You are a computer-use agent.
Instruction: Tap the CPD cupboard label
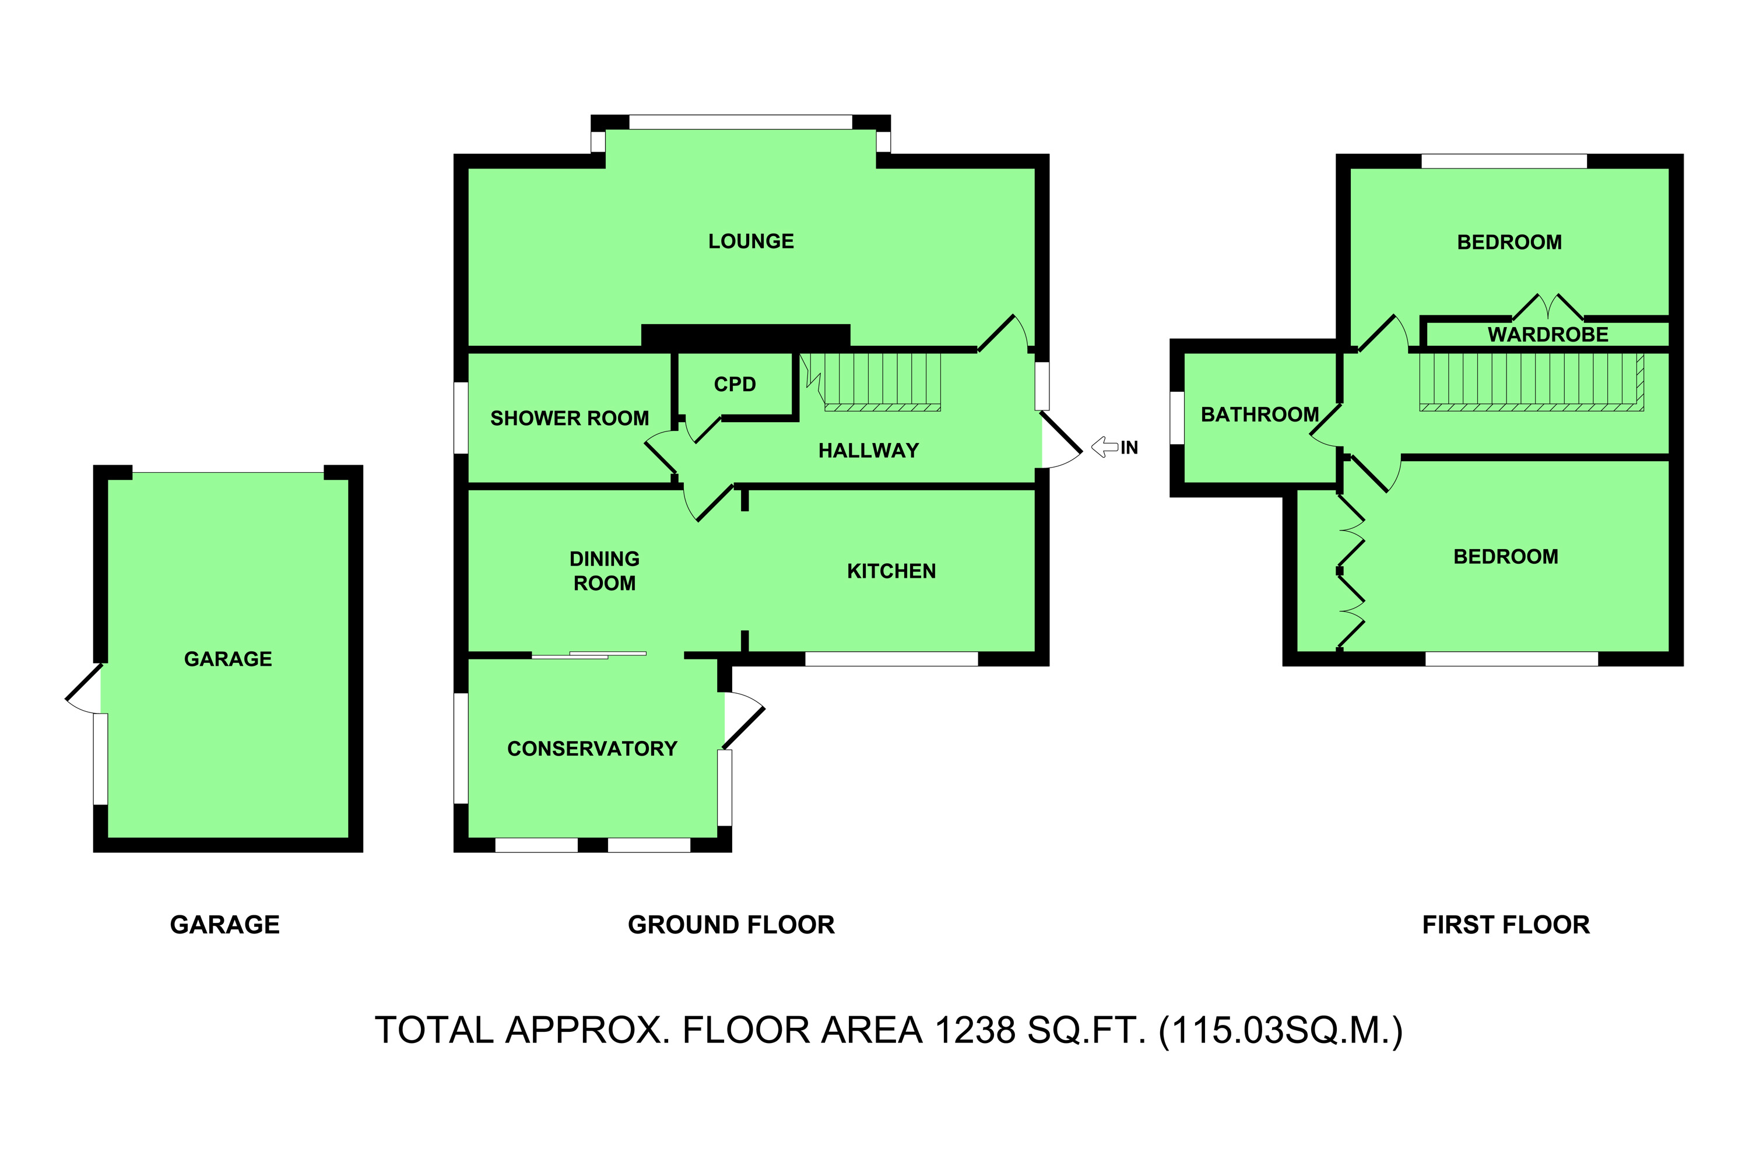click(x=735, y=384)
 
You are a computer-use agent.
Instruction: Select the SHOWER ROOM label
click(x=569, y=419)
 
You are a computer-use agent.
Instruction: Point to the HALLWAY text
click(x=868, y=451)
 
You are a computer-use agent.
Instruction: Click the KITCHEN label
click(x=891, y=571)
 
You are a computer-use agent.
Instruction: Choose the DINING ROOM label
click(x=604, y=571)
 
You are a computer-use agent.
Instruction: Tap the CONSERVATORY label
click(x=592, y=749)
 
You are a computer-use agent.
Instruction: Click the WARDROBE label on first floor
click(x=1547, y=335)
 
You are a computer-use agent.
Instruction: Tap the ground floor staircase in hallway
click(x=881, y=381)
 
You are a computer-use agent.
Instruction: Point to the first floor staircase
click(x=1530, y=381)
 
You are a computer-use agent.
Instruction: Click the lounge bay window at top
click(x=740, y=122)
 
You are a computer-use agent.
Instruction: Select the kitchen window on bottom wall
click(x=891, y=659)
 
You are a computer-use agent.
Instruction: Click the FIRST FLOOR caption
click(x=1505, y=925)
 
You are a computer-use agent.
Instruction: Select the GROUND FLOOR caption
click(x=731, y=925)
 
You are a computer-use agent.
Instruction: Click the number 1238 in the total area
click(x=975, y=1031)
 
